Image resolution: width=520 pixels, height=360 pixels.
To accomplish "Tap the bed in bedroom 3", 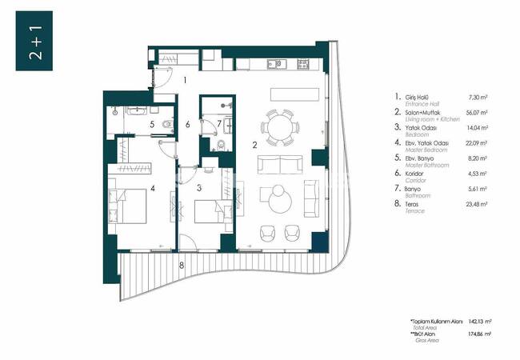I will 213,213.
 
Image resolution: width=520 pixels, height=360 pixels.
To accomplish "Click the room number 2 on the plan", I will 254,145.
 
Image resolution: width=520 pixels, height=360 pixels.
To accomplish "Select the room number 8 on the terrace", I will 182,263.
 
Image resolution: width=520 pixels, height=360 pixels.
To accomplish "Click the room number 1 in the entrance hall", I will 185,79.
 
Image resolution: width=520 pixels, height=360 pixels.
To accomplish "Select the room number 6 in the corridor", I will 187,125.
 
